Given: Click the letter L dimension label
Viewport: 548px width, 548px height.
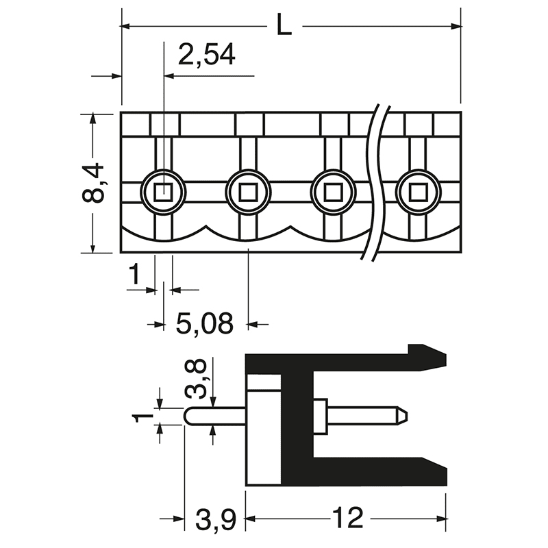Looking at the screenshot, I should coord(284,26).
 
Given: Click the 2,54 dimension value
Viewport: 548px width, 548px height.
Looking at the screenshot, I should coord(206,55).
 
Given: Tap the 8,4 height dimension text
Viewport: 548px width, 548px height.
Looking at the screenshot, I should coord(93,183).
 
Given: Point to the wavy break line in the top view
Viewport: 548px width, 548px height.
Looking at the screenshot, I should coord(376,185).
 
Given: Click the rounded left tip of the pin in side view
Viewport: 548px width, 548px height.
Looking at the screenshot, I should coord(189,415).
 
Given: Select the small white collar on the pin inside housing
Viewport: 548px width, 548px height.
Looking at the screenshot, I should coord(320,416).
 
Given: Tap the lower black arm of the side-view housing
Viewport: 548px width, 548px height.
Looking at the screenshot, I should coord(377,473).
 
